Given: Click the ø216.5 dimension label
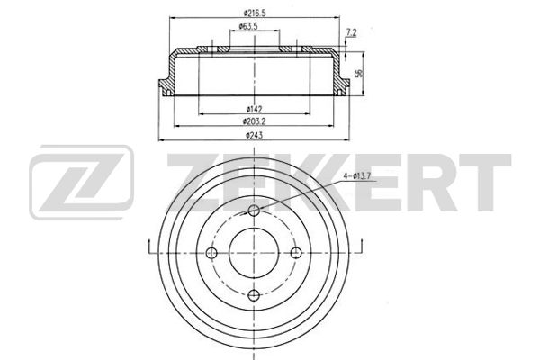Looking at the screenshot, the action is [255, 13].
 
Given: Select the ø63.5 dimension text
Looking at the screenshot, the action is [248, 26].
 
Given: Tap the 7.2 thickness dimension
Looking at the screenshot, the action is [351, 32].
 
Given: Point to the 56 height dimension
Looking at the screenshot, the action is [359, 73].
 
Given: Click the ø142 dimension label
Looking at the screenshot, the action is [254, 109].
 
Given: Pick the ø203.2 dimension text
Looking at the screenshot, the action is [254, 121].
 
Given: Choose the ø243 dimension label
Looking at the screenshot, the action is [254, 135].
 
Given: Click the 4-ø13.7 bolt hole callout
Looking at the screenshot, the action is [356, 176].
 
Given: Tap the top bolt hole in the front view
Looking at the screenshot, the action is [254, 210].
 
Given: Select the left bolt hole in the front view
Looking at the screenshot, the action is [211, 253].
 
